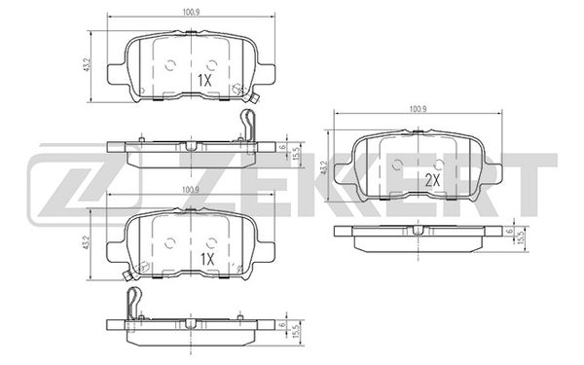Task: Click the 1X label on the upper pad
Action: coord(204,81)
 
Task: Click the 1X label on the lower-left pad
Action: coord(207,259)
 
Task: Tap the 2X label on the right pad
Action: coord(432,181)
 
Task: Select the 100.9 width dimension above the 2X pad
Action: coord(418,109)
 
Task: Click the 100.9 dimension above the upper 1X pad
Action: coord(191,13)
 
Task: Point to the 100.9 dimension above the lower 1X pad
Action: coord(191,190)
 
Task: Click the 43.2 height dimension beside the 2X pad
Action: coord(324,167)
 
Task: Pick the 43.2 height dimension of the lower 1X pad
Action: coord(88,242)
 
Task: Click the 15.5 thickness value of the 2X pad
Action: coord(522,235)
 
